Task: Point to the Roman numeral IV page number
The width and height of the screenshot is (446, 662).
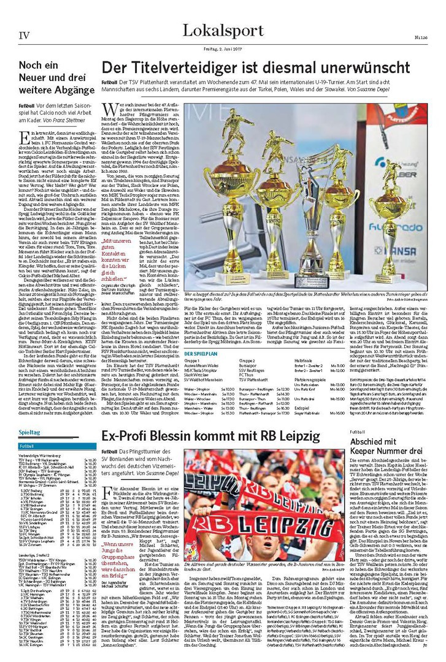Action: [x=24, y=35]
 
